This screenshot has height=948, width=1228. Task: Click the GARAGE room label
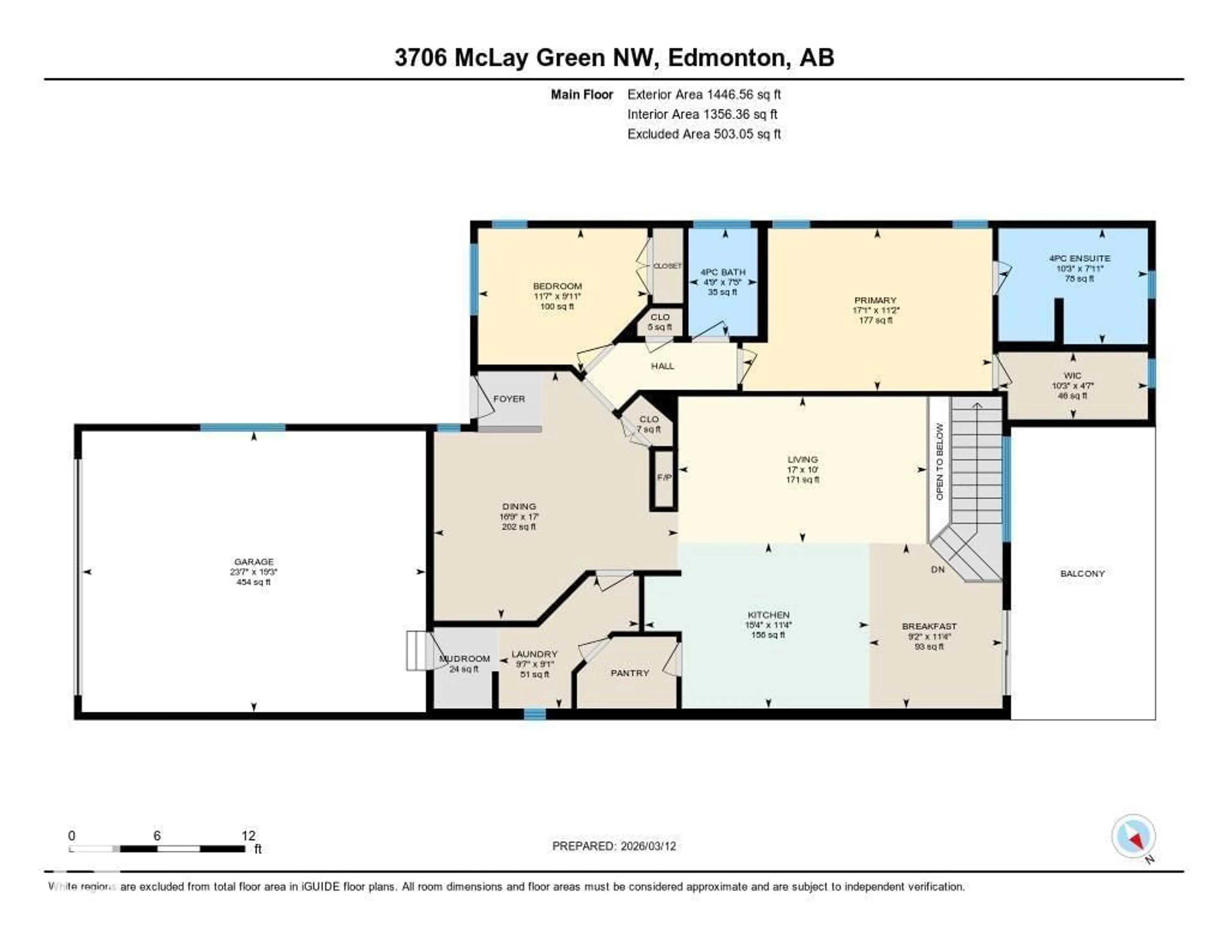pyautogui.click(x=254, y=561)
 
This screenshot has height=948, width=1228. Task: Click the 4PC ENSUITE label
pyautogui.click(x=1079, y=259)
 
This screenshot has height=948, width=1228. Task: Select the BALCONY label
pyautogui.click(x=1082, y=574)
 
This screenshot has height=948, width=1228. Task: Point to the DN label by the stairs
pyautogui.click(x=937, y=569)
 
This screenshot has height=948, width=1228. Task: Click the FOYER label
pyautogui.click(x=509, y=399)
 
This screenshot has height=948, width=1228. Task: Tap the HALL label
pyautogui.click(x=662, y=366)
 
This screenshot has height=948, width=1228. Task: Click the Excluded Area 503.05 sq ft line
pyautogui.click(x=704, y=134)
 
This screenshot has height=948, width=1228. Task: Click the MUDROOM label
pyautogui.click(x=464, y=659)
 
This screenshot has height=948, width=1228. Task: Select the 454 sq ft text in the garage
pyautogui.click(x=254, y=582)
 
